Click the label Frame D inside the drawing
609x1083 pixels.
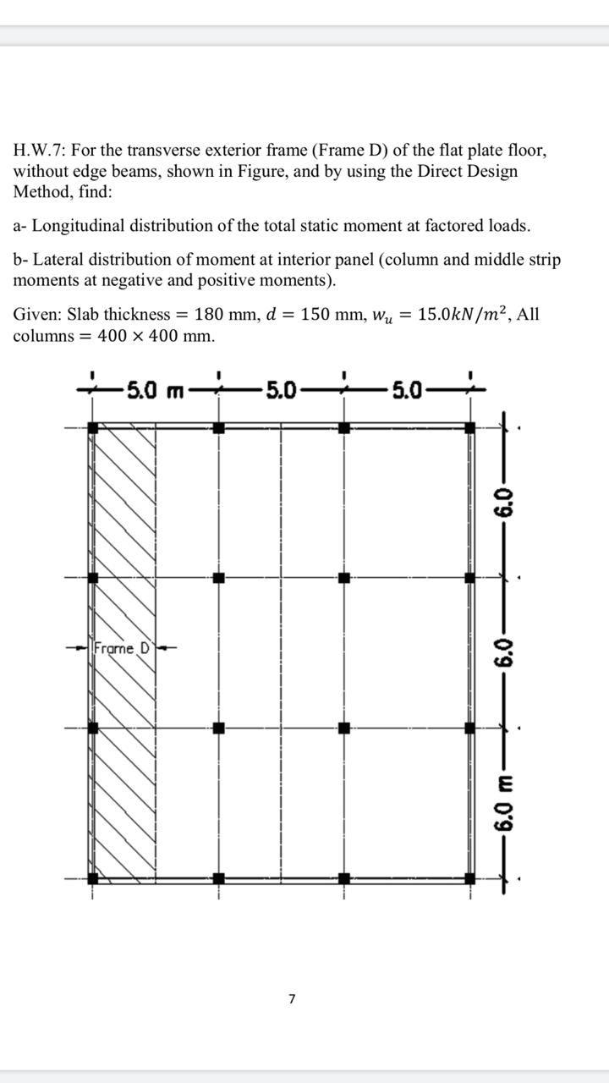tap(123, 649)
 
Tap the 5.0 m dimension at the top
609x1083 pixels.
tap(156, 390)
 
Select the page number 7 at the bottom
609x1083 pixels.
tap(292, 999)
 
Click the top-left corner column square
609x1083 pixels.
tap(93, 428)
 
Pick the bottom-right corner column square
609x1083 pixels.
tap(470, 878)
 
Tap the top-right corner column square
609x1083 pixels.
tap(470, 428)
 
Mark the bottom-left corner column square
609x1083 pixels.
tap(93, 878)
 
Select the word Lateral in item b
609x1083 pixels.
tap(58, 260)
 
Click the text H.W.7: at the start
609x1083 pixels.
tap(40, 151)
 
